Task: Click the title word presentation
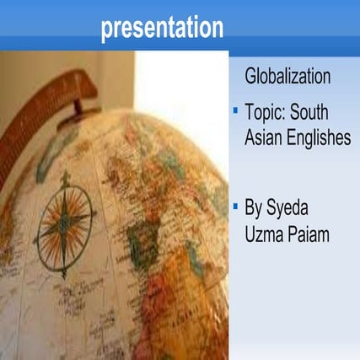pos(162,29)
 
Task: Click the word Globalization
pos(287,78)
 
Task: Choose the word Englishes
pos(319,138)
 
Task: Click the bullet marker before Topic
pos(235,110)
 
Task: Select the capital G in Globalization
pos(250,78)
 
